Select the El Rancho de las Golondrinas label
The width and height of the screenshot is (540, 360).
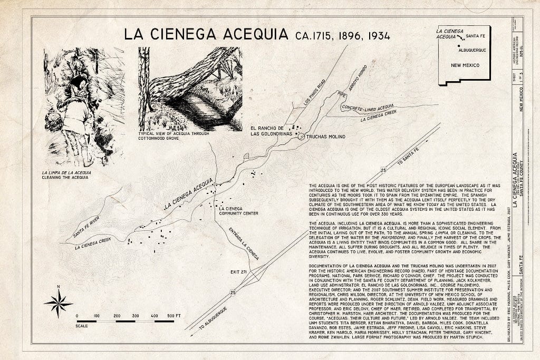coord(267,130)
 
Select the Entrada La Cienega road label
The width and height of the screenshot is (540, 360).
coord(244,244)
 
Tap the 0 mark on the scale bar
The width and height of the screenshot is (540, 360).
coord(78,316)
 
